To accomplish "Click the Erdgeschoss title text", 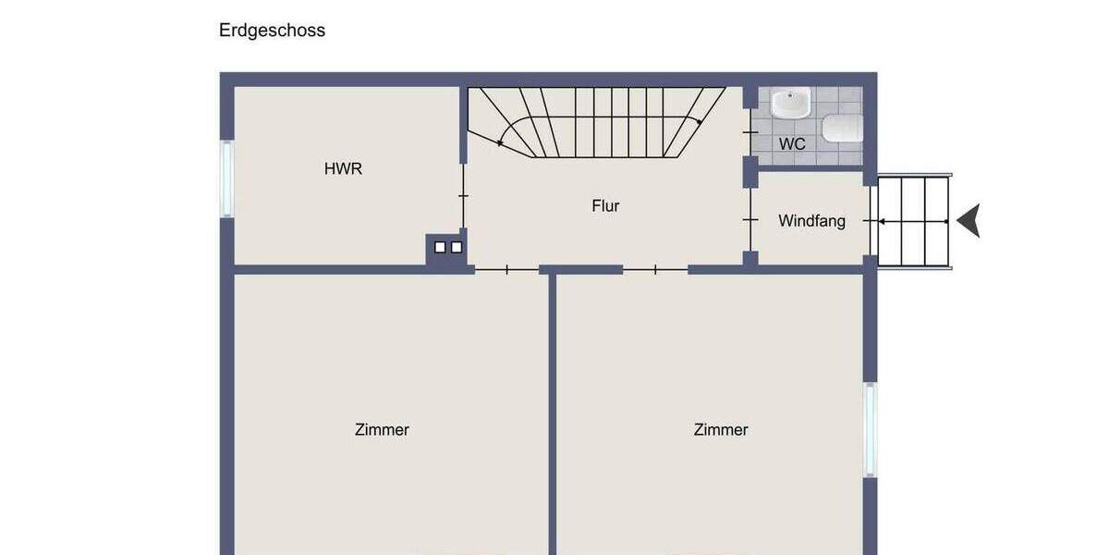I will [272, 30].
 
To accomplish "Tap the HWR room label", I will [343, 168].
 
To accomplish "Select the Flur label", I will [605, 205].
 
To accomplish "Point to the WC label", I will [792, 144].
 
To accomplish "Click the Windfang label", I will [811, 221].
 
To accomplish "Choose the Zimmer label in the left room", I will [382, 429].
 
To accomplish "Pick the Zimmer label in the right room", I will [721, 429].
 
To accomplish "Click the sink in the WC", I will [790, 103].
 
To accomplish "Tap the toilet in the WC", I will [842, 129].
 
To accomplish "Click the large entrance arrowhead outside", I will [969, 222].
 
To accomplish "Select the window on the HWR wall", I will [226, 179].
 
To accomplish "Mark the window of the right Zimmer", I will [870, 430].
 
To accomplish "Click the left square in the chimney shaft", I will [440, 247].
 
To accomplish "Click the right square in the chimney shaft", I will [456, 247].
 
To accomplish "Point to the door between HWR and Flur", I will [463, 196].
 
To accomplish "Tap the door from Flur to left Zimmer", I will [506, 270].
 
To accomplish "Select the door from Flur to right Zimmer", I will [655, 270].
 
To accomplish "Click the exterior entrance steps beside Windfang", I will [913, 222].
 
